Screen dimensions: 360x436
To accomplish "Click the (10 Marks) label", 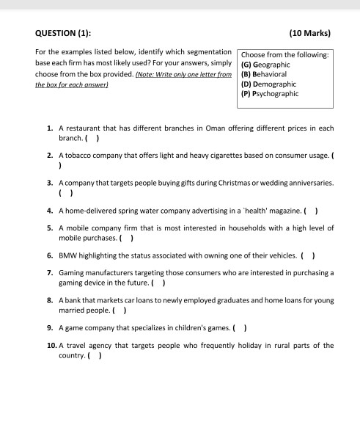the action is point(310,33).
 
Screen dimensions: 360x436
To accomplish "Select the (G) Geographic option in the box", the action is point(267,65).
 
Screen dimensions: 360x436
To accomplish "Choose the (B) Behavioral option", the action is point(265,74).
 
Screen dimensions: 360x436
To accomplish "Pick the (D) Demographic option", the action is point(268,84).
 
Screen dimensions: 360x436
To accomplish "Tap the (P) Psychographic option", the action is point(269,93).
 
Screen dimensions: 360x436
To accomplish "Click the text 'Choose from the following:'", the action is point(284,55).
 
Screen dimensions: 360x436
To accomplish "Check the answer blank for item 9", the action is point(239,328).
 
